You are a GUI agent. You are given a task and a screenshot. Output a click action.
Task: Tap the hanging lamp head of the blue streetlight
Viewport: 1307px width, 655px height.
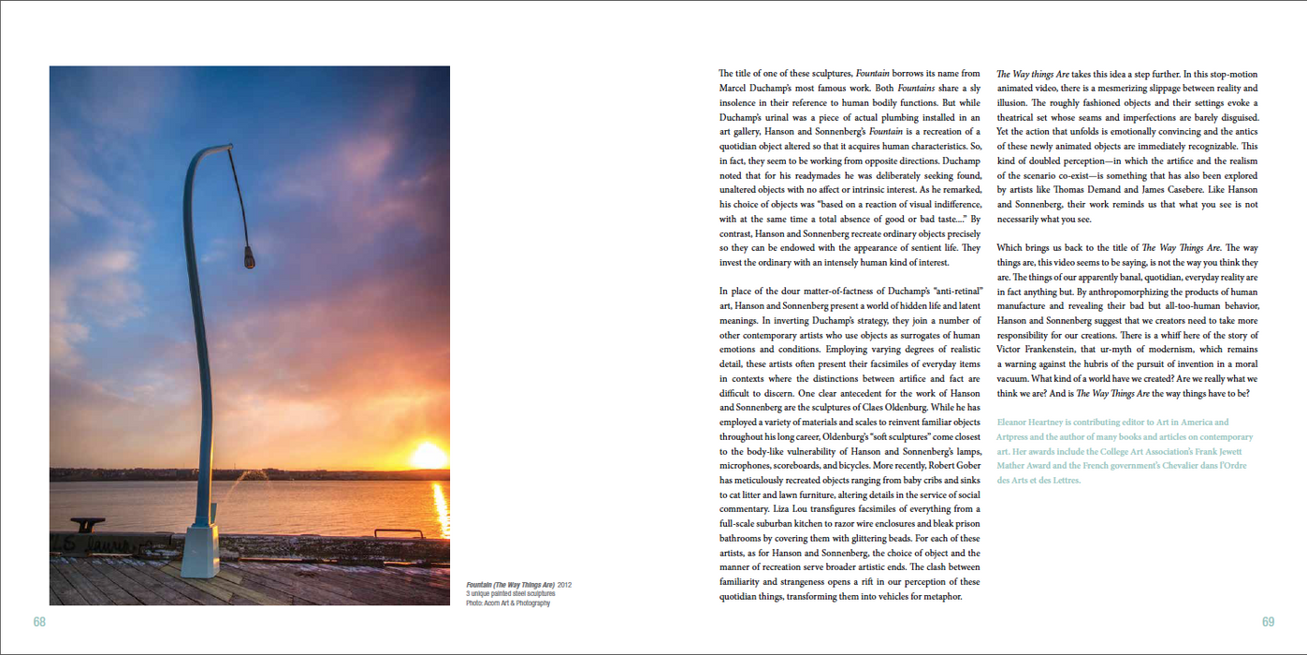click(250, 258)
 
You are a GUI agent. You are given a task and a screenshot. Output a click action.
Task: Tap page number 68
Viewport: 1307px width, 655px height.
click(39, 622)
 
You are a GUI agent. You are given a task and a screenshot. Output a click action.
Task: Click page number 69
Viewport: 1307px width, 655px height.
click(1268, 622)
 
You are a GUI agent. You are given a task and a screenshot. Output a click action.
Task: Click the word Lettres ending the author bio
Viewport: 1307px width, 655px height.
click(1064, 481)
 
